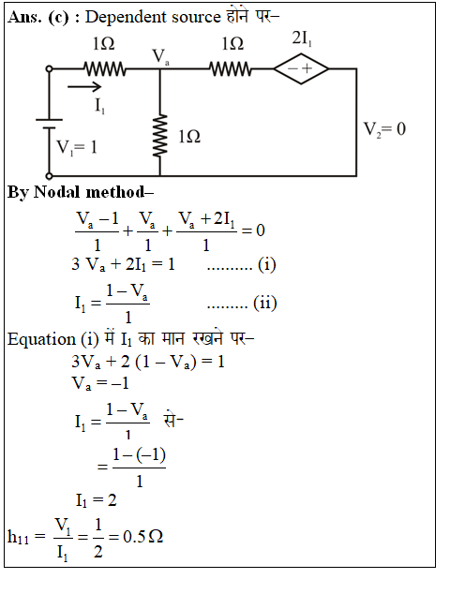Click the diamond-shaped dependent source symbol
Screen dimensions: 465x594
coord(301,68)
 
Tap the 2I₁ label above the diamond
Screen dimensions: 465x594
coord(302,38)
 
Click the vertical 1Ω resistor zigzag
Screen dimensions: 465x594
coord(160,135)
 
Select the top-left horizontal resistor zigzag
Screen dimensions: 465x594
coord(105,69)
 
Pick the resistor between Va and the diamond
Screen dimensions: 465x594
coord(231,69)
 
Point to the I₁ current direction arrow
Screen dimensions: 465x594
coord(84,87)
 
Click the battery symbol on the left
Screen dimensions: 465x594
coord(50,124)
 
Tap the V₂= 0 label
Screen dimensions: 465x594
coord(384,129)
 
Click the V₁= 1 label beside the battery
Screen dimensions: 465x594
coord(77,147)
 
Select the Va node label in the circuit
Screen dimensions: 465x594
coord(160,57)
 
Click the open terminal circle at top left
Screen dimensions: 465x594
coord(49,69)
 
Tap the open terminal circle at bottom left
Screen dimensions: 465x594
coord(49,176)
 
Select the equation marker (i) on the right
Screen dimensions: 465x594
coord(267,264)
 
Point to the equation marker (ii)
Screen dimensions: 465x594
coord(265,303)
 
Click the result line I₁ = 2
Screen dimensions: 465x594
coord(96,501)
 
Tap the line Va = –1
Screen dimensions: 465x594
coord(100,383)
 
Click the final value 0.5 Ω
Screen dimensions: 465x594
coord(143,537)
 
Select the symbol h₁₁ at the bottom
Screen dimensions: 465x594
coord(18,537)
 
